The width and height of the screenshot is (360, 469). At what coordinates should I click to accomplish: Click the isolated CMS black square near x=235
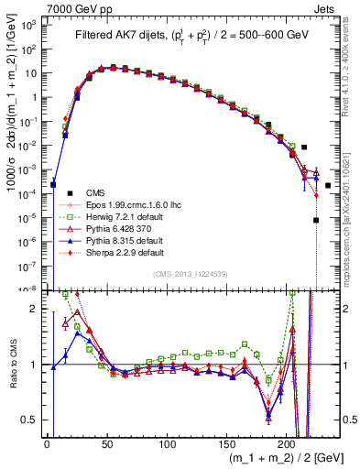coord(328,185)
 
